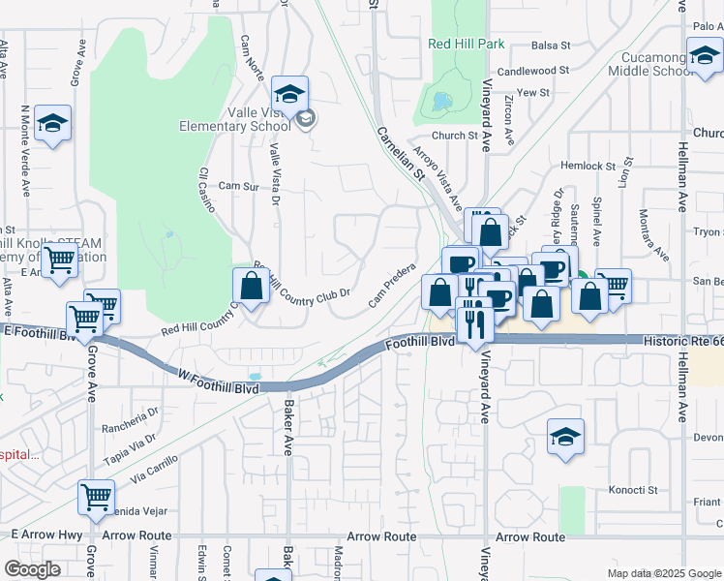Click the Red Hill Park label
(468, 44)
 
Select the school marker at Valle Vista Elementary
(289, 95)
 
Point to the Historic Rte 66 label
(683, 343)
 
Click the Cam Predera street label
(392, 288)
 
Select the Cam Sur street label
(240, 185)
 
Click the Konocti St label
(633, 490)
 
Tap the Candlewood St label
(533, 71)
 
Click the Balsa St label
(552, 45)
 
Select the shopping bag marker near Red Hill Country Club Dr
(251, 286)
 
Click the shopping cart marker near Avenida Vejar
(96, 498)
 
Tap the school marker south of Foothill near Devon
(565, 436)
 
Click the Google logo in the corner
(33, 569)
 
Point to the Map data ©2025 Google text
(664, 573)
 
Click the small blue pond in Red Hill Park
(442, 101)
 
